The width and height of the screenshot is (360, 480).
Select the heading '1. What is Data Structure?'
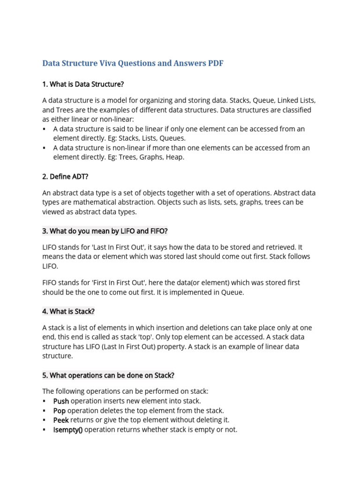[x=83, y=84]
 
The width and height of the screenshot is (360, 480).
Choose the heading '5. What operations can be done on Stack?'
[x=108, y=375]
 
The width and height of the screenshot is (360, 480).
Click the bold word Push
[x=61, y=401]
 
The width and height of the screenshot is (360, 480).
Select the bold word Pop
[x=60, y=411]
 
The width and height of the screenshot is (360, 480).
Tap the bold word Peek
[x=61, y=420]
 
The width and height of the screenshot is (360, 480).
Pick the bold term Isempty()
[x=67, y=429]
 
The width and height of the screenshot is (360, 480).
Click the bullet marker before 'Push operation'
[x=44, y=401]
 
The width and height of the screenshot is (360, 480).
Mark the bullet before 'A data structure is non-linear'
[x=44, y=148]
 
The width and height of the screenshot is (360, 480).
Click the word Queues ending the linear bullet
[x=172, y=138]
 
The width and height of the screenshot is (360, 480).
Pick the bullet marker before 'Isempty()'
[x=44, y=429]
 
